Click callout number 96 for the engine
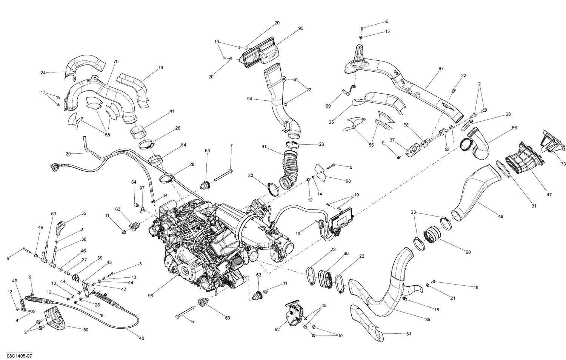[151, 296]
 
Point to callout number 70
[116, 61]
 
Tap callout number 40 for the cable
[141, 338]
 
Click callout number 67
[441, 69]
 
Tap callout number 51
[409, 334]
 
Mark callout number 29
[68, 154]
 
